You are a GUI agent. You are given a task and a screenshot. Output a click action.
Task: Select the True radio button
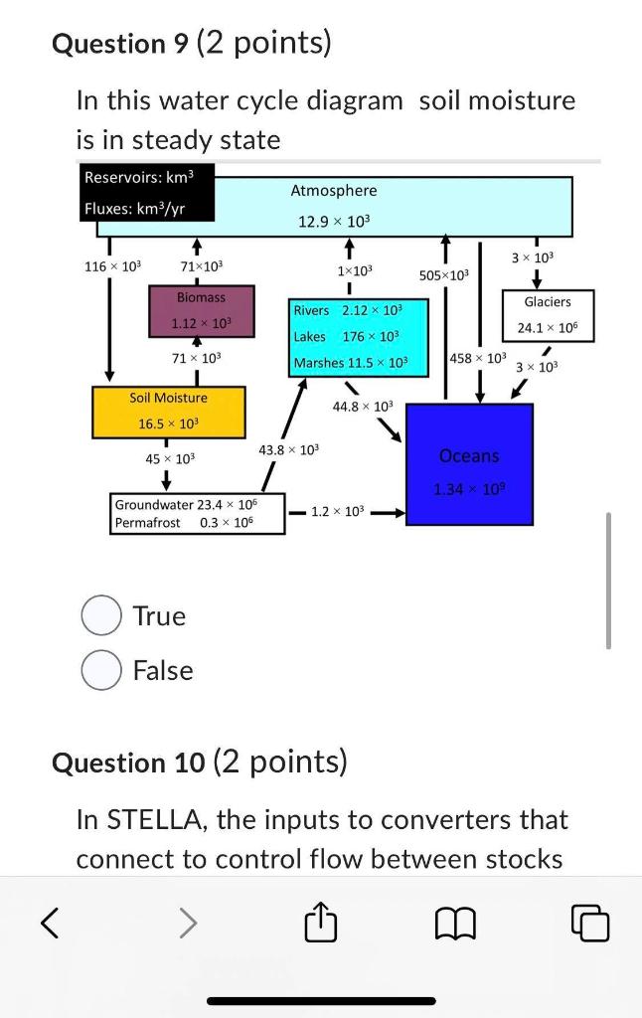[101, 615]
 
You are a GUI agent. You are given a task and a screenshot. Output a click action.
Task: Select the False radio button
[101, 670]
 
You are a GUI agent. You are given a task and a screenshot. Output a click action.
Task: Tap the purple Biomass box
[201, 310]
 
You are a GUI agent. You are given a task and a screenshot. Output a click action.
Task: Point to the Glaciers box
[547, 314]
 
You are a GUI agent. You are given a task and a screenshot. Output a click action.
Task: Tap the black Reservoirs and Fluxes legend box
[135, 193]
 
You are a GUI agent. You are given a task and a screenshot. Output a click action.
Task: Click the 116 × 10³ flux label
[113, 266]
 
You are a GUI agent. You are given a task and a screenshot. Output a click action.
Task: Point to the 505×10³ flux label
[444, 274]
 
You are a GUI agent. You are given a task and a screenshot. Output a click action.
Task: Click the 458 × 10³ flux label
[478, 357]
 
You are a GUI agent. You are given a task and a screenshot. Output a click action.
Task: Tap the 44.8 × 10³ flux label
[363, 406]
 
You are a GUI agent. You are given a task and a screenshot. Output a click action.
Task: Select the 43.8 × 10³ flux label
[288, 450]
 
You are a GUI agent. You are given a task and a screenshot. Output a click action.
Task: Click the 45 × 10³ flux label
[170, 458]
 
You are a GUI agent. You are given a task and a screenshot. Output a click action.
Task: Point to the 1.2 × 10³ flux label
[338, 511]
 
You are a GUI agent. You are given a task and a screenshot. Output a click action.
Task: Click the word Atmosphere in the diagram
[334, 190]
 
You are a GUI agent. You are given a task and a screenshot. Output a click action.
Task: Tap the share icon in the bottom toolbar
[320, 925]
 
